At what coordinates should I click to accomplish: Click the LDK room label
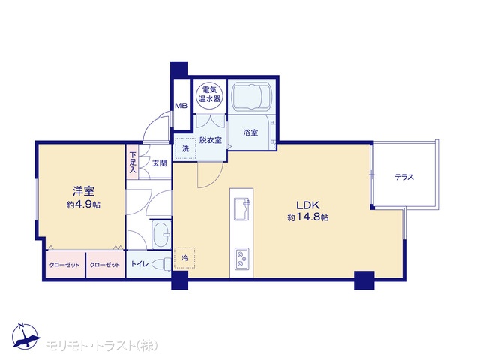point(307,205)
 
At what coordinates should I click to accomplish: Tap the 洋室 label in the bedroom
point(83,192)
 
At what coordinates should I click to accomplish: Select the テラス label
point(404,177)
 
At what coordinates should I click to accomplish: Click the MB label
point(181,106)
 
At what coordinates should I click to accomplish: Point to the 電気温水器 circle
point(210,94)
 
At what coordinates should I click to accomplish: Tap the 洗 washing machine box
point(185,149)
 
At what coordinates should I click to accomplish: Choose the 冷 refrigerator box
point(184,258)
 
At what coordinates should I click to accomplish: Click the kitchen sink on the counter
point(241,209)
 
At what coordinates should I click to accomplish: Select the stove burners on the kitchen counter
point(241,259)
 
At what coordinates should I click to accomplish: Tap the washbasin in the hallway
point(161,235)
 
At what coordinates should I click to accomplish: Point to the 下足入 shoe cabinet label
point(133,163)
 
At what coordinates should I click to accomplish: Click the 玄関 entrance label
point(160,163)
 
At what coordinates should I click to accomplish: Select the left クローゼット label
point(64,265)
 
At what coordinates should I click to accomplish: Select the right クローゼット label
point(105,265)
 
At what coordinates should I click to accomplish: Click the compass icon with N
point(25,336)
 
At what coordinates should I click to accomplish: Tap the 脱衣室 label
point(210,140)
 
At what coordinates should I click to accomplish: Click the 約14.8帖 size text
point(308,217)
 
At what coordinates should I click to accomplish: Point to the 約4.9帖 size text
point(83,205)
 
